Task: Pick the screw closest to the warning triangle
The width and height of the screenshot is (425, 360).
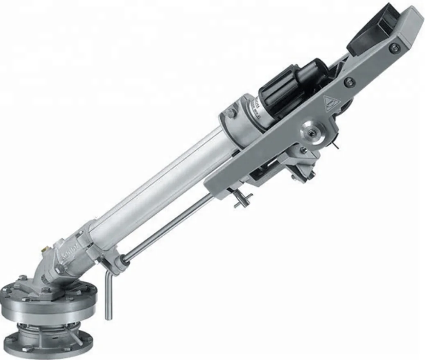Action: point(348,82)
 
